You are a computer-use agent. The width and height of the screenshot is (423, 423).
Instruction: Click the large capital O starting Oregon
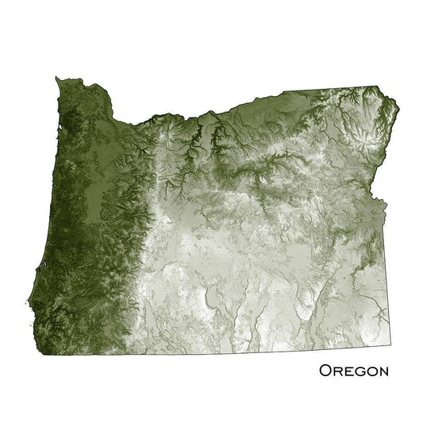(325, 371)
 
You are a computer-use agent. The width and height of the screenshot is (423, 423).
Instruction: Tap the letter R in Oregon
(337, 371)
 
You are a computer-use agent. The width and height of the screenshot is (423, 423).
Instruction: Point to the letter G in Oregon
(360, 371)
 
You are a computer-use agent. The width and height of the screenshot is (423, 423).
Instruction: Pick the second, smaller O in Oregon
(371, 371)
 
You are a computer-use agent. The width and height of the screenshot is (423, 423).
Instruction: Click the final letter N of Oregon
(383, 371)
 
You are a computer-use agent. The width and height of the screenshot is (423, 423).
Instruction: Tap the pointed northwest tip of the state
(57, 77)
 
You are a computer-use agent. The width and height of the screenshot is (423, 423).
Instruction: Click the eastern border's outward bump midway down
(386, 208)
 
